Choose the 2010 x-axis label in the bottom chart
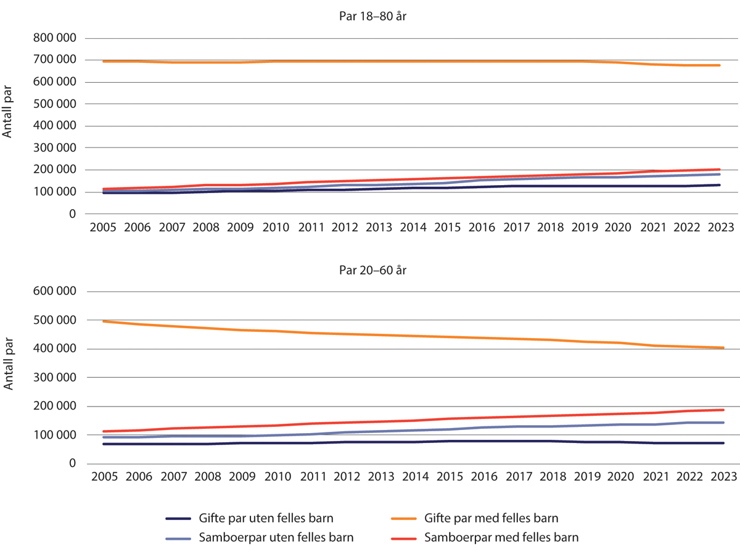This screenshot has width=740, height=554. point(276,477)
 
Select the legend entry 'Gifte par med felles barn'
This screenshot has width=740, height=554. point(491,518)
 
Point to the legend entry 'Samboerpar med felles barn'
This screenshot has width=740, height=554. point(501,537)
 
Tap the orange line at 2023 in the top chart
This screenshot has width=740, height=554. point(720,65)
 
